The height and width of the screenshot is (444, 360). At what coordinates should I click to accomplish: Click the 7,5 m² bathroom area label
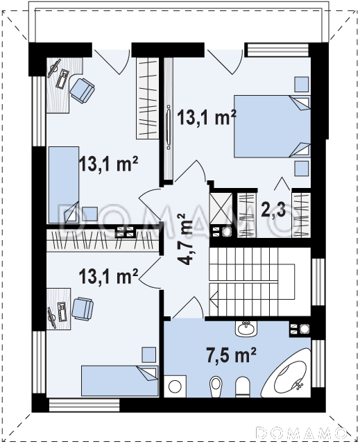[231, 355]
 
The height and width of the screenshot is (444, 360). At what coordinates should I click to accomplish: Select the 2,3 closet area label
[273, 209]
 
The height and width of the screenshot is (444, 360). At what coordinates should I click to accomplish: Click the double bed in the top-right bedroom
[272, 126]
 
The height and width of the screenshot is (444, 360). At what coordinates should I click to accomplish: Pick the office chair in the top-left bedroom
[82, 90]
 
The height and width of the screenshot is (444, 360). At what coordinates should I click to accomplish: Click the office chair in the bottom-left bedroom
[83, 309]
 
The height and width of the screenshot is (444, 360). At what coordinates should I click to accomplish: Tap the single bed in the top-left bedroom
[64, 185]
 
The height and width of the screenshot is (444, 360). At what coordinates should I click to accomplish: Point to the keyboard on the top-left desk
[62, 79]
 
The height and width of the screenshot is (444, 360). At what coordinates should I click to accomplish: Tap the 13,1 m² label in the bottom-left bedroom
[108, 276]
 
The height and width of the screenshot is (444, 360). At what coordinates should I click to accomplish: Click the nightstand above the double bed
[302, 84]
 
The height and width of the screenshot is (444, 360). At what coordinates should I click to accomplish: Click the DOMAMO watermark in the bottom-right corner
[301, 433]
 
